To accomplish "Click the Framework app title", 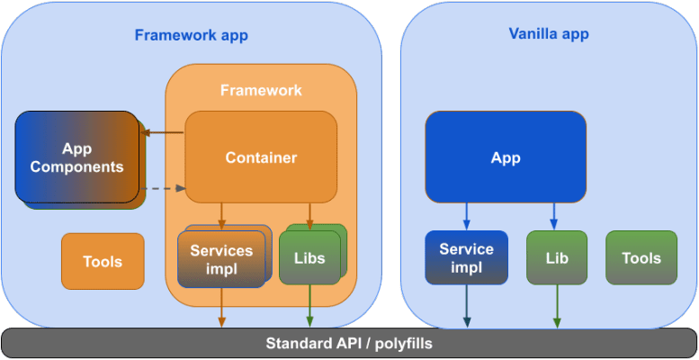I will (x=191, y=36).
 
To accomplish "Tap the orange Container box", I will (x=261, y=157).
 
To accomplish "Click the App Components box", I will (x=78, y=157).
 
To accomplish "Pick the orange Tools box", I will (x=103, y=262).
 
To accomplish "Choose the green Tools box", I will (x=641, y=258).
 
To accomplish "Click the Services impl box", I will (x=221, y=259).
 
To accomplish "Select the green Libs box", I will (x=309, y=259).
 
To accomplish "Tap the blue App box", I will (x=506, y=157).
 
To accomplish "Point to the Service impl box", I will (x=466, y=258).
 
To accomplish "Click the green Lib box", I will (x=556, y=258).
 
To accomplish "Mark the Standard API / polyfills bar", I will (x=349, y=344).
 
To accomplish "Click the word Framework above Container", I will (x=261, y=91).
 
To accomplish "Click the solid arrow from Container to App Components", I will (x=164, y=133).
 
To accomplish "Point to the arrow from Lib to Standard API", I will (x=556, y=306).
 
